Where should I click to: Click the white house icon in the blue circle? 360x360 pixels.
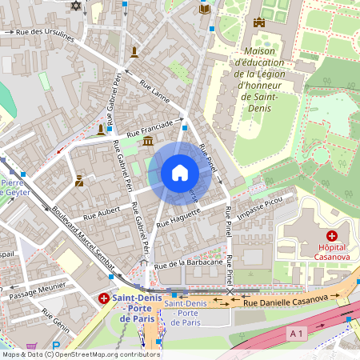coord(180,173)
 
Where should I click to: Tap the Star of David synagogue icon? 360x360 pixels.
coord(77,6)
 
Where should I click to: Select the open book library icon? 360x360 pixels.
coord(205,8)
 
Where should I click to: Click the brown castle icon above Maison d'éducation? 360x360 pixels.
coord(258,22)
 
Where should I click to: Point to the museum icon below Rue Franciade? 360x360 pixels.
coord(148,142)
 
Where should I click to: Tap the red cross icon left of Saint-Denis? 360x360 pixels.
coord(103,298)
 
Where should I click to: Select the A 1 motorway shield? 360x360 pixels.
coord(298,332)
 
